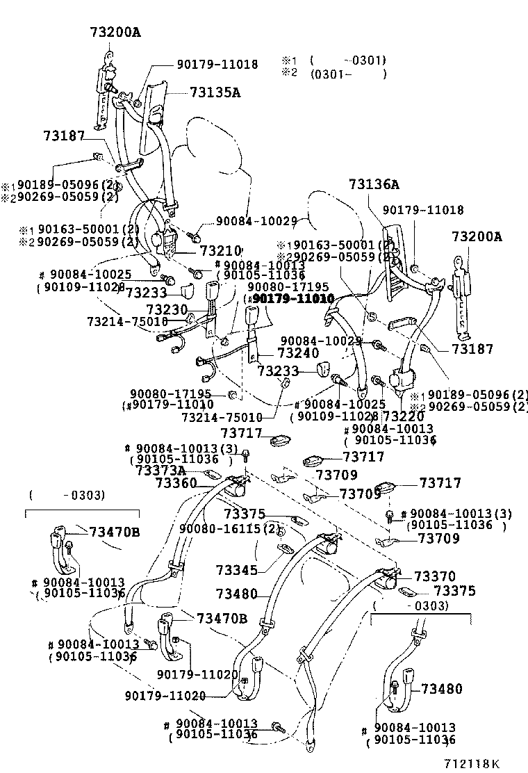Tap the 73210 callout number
[220, 250]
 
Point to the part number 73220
[404, 416]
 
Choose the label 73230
[167, 308]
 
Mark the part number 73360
[176, 482]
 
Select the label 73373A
[160, 471]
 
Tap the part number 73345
[236, 570]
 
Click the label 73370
[435, 576]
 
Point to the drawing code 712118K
[472, 763]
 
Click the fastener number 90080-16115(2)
[229, 528]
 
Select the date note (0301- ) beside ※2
[348, 73]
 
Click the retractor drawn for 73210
[165, 239]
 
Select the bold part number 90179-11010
[292, 298]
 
